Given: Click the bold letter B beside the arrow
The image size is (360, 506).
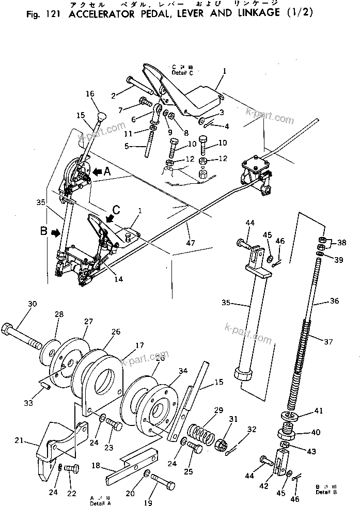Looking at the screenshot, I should [x=44, y=232].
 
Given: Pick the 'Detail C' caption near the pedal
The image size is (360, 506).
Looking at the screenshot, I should [x=182, y=73].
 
